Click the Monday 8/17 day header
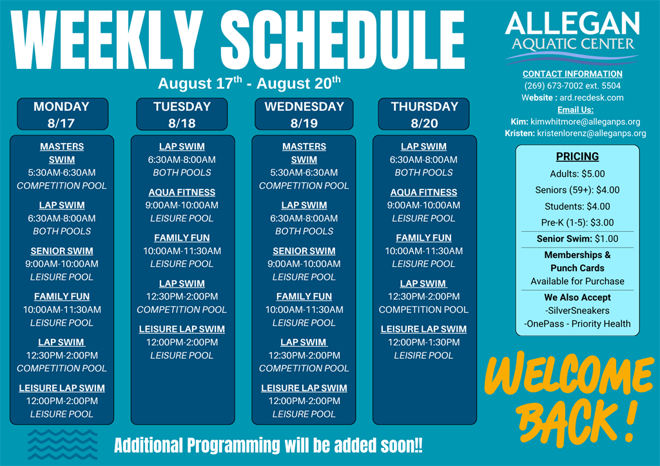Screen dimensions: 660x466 pyautogui.click(x=63, y=114)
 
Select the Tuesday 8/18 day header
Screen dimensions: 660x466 pyautogui.click(x=182, y=114)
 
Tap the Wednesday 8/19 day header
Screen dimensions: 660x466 pyautogui.click(x=304, y=114)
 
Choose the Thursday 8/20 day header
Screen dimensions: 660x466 pyautogui.click(x=424, y=114)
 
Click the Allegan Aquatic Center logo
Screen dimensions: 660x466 pyautogui.click(x=572, y=37)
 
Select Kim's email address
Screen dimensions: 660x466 pyautogui.click(x=585, y=122)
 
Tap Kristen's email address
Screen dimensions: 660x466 pyautogui.click(x=592, y=133)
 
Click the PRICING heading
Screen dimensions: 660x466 pyautogui.click(x=577, y=157)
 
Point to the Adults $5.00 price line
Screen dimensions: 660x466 pyautogui.click(x=577, y=174)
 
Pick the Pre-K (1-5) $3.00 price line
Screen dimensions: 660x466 pyautogui.click(x=577, y=222)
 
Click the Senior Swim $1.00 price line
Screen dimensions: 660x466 pyautogui.click(x=577, y=238)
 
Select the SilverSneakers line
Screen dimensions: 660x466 pyautogui.click(x=577, y=311)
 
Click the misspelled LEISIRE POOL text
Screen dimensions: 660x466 pyautogui.click(x=423, y=356)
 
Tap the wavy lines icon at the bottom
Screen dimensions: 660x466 pyautogui.click(x=63, y=444)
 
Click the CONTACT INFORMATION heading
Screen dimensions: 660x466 pyautogui.click(x=572, y=73)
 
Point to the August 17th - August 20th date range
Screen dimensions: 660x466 pyautogui.click(x=249, y=83)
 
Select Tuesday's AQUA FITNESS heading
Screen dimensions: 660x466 pyautogui.click(x=182, y=192)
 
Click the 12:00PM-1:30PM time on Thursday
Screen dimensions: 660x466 pyautogui.click(x=423, y=342)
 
